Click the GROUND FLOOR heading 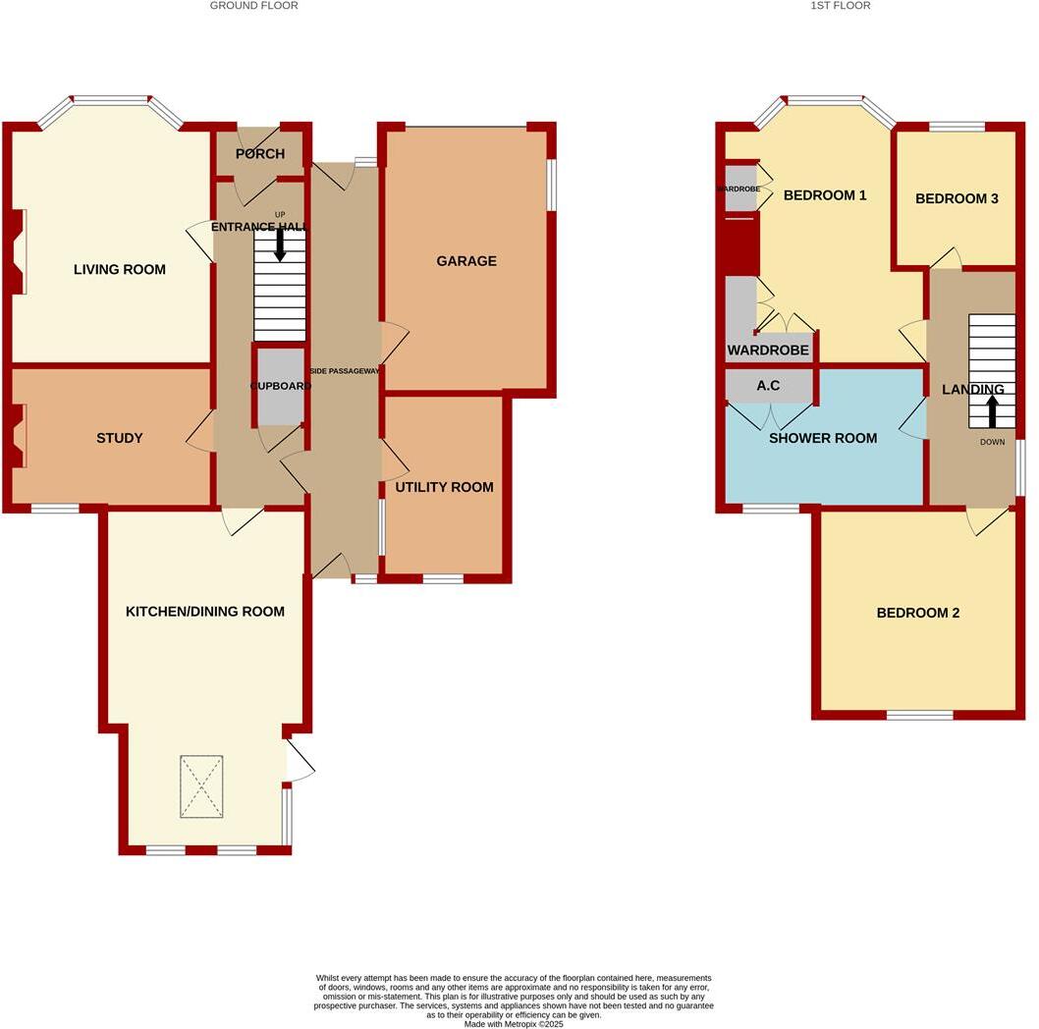click(x=253, y=6)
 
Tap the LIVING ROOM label click(x=120, y=269)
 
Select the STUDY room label click(x=120, y=438)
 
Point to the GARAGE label click(x=466, y=261)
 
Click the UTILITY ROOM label click(x=444, y=487)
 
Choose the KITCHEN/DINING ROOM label click(x=205, y=611)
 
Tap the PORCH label click(x=260, y=154)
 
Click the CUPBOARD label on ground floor click(x=281, y=386)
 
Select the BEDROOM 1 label click(x=825, y=195)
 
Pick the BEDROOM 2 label click(x=918, y=613)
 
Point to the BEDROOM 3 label click(x=957, y=198)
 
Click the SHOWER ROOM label click(x=823, y=438)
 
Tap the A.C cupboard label click(x=768, y=386)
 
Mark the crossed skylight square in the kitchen click(x=200, y=786)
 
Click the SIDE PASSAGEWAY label click(x=345, y=370)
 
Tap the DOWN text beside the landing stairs click(x=993, y=442)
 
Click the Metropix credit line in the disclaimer click(x=514, y=1024)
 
